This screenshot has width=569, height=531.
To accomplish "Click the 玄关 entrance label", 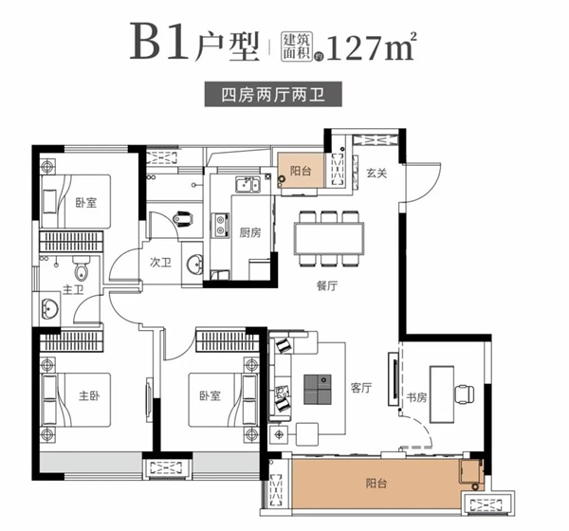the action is point(376,174).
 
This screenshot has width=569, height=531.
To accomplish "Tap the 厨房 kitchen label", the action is point(250,232).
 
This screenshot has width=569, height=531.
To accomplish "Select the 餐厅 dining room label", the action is point(327,285).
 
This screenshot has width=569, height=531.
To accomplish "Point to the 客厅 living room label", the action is point(361,388).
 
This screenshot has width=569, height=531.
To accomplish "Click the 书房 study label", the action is point(416,397).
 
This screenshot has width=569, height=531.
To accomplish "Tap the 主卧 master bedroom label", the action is point(89,395).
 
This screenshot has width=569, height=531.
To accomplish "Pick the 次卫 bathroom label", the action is point(160,262).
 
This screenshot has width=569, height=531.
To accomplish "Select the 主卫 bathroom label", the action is point(73,289).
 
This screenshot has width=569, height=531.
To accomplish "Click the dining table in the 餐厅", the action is point(329,239).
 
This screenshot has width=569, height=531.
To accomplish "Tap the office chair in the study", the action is point(465,394).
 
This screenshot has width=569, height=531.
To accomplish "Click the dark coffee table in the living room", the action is point(318,389).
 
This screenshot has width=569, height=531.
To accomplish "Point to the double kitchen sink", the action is point(248,185).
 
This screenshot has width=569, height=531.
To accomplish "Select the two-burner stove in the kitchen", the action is point(220,225).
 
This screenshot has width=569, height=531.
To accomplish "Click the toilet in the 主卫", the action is point(82,268).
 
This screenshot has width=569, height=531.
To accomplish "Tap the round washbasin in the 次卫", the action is point(194,264).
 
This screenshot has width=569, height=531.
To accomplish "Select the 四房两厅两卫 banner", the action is point(273,95).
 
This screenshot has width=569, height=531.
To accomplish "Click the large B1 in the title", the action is point(159,42).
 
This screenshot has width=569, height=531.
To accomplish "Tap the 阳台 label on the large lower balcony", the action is point(376,484).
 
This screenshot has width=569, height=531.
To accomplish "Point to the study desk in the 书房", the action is point(442,394).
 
